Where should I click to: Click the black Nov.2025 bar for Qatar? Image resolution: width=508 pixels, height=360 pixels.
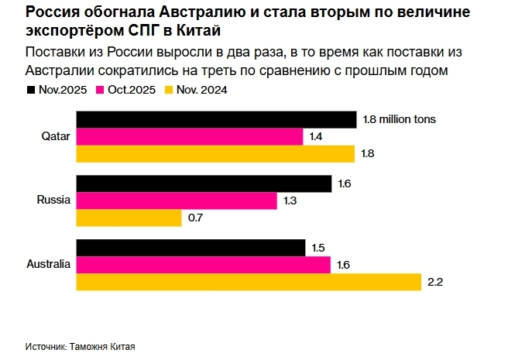(x=215, y=119)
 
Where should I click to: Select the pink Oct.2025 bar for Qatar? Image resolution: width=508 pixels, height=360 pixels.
(x=190, y=136)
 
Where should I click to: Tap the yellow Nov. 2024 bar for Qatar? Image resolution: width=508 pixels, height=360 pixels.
(x=215, y=153)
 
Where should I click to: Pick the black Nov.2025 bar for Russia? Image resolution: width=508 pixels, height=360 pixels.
(x=203, y=183)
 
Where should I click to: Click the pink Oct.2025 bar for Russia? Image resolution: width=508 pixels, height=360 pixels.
(x=177, y=201)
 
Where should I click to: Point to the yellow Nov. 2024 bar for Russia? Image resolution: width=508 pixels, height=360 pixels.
(x=129, y=218)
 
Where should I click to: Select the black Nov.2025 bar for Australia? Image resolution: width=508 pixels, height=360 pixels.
(x=190, y=248)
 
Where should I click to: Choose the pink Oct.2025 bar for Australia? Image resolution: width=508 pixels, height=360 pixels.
(x=203, y=265)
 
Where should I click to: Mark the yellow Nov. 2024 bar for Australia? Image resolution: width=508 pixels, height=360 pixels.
(x=248, y=282)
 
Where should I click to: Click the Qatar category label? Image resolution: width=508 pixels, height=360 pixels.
(x=56, y=136)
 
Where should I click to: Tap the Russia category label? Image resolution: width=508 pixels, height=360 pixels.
(x=53, y=201)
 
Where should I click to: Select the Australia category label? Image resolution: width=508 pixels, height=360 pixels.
(x=48, y=264)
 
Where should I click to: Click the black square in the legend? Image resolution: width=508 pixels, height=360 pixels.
(x=30, y=89)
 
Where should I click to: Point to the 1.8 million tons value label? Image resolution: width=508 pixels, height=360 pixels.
(x=400, y=119)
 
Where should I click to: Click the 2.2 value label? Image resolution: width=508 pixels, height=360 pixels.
(x=434, y=282)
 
